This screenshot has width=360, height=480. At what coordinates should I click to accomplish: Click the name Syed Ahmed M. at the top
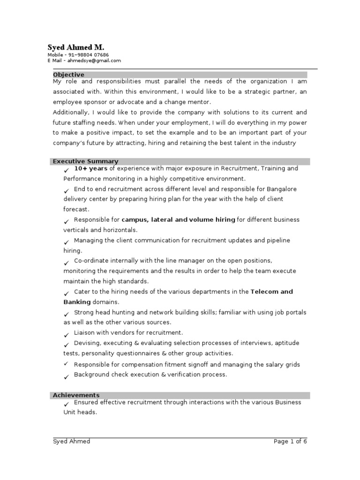tap(75, 48)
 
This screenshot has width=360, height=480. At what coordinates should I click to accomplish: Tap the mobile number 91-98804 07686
tap(88, 55)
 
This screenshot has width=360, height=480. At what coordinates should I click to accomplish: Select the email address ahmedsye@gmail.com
tap(94, 60)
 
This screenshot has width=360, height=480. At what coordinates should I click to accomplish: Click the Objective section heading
tap(68, 75)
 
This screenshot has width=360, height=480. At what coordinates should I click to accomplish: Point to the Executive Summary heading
tap(85, 161)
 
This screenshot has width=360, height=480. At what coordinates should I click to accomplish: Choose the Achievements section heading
tap(76, 395)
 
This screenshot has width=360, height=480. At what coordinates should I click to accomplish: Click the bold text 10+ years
tap(91, 168)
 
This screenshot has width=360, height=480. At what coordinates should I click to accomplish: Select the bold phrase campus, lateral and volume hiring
tap(178, 219)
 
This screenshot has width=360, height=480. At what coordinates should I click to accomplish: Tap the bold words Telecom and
tap(271, 292)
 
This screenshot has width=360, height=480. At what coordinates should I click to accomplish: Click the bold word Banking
tap(77, 302)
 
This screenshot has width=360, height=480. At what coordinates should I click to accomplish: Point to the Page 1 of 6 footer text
tap(290, 441)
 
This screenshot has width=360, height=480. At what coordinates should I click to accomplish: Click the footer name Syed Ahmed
tap(72, 441)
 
